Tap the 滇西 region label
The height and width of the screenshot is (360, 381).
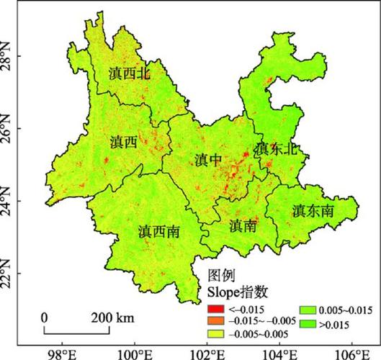(x=125, y=143)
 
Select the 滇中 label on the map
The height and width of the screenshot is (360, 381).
(x=208, y=160)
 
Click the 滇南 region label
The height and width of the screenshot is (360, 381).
(x=243, y=225)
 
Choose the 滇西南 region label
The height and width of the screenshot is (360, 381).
(x=159, y=231)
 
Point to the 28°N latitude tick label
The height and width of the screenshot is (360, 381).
(x=9, y=55)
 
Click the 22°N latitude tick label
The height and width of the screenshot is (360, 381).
(x=9, y=274)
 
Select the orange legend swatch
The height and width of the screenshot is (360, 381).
(x=212, y=322)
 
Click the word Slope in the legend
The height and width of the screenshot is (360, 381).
(x=223, y=292)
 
